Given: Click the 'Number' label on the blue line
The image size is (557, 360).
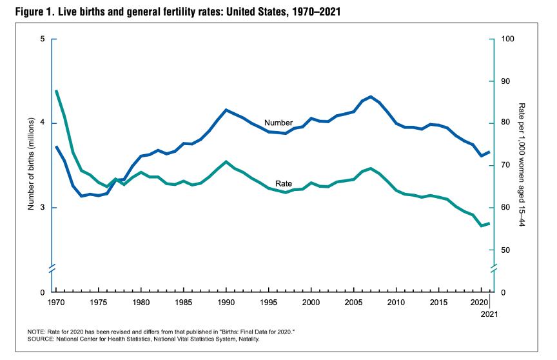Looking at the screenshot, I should (278, 123).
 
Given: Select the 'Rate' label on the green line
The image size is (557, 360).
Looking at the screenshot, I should (284, 184).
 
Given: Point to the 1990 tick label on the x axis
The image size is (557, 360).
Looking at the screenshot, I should (226, 303).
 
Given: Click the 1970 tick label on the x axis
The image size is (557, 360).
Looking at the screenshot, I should (56, 303).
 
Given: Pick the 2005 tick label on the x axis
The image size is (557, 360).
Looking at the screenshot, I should (353, 303).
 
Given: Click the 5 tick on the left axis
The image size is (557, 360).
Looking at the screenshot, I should (43, 39).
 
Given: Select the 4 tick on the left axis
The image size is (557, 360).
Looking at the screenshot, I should (43, 123).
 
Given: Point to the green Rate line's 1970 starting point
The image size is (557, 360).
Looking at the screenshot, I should (57, 91).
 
